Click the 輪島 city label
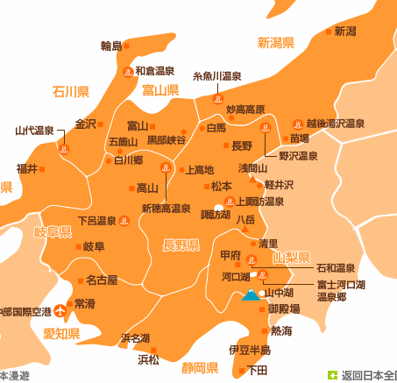click(x=111, y=46)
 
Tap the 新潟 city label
click(x=344, y=31)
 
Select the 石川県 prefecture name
click(x=71, y=91)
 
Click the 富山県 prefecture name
click(x=160, y=90)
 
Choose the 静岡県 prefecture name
click(x=193, y=366)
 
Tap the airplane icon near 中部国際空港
click(x=60, y=309)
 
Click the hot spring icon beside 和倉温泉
click(x=126, y=74)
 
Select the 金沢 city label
click(x=85, y=124)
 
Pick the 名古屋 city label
click(x=102, y=280)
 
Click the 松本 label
click(x=222, y=186)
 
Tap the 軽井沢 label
click(x=280, y=185)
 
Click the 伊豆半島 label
click(x=249, y=350)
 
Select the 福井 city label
click(x=27, y=168)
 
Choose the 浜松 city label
click(x=148, y=358)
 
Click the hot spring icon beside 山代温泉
click(x=63, y=149)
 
